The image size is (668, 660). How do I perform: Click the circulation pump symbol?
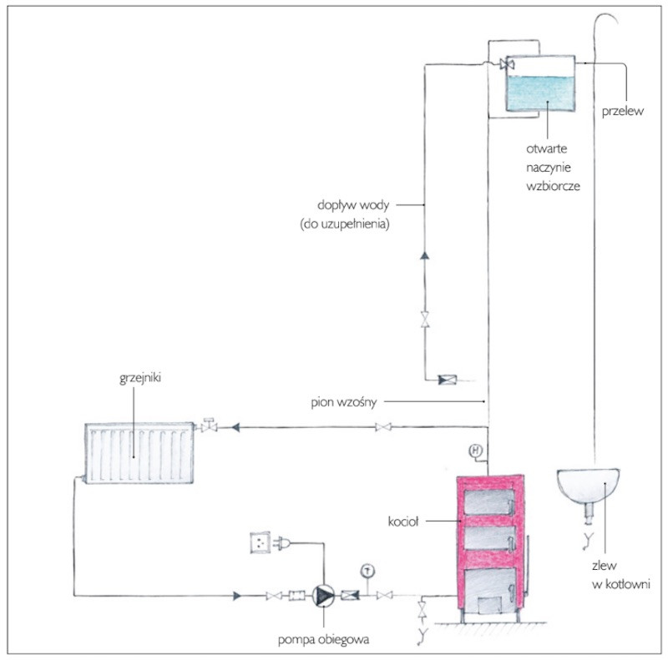(323, 596)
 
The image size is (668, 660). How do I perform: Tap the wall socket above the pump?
(263, 543)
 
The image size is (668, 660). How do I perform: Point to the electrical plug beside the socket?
(285, 543)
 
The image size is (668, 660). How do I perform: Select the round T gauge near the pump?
(365, 571)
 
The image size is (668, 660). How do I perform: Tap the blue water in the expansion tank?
(540, 93)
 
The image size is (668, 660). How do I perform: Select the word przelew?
(620, 112)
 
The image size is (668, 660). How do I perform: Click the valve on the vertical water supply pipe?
(423, 320)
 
